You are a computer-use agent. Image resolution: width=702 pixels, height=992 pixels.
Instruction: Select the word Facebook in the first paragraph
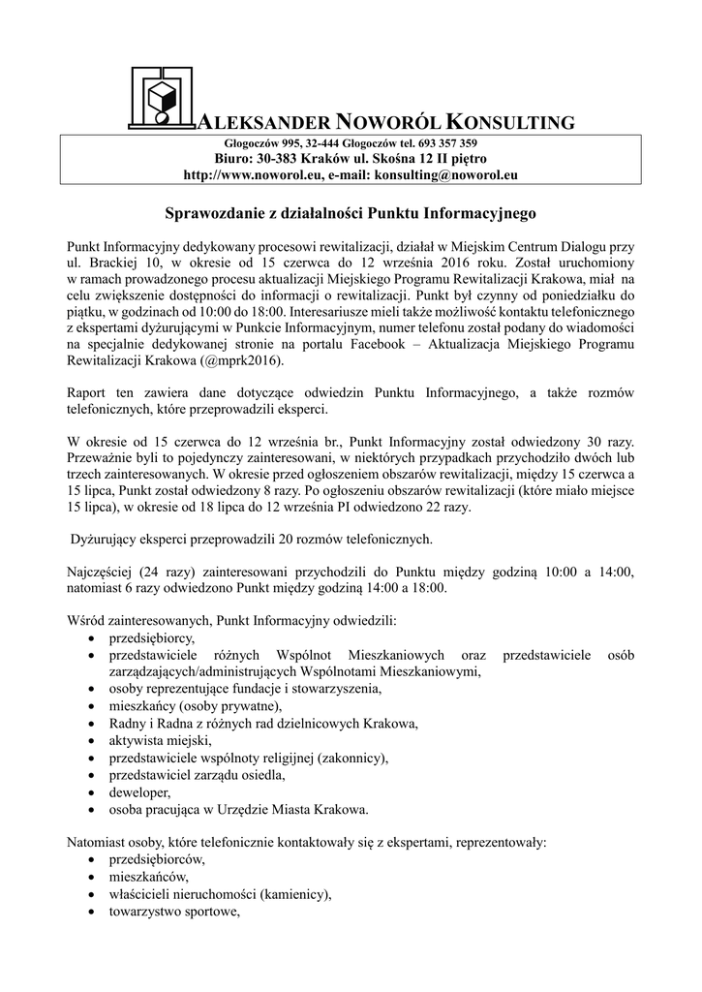(x=391, y=344)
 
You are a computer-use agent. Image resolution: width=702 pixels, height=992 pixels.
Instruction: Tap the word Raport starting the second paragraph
(x=86, y=393)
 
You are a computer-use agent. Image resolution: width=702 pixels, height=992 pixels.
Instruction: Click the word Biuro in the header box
(x=231, y=158)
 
